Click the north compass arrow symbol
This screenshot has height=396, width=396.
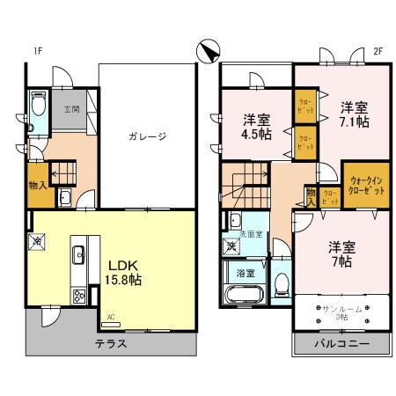click(209, 52)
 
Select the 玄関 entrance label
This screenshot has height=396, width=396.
click(71, 110)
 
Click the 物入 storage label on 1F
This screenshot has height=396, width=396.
click(39, 186)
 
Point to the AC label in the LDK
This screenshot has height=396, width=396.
click(112, 315)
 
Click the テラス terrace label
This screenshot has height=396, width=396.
click(111, 344)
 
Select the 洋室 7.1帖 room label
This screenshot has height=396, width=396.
click(355, 114)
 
